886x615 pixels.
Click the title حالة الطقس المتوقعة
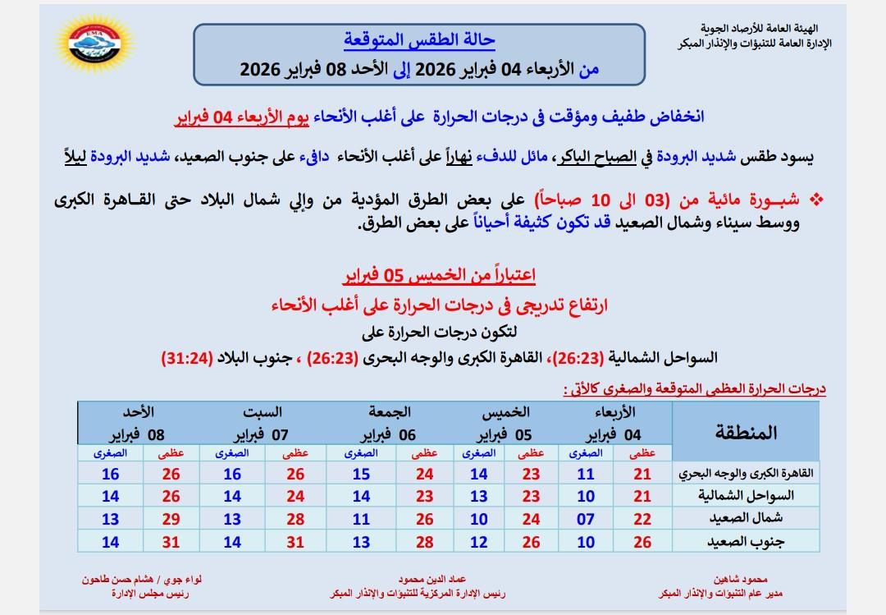coord(419,40)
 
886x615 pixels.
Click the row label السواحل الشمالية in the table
coord(745,496)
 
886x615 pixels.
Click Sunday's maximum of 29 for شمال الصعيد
coord(171,519)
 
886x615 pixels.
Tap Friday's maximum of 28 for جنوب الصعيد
coord(424,541)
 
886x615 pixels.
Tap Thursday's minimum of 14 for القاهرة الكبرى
coord(479,474)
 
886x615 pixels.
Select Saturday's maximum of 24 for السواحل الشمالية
coord(295,496)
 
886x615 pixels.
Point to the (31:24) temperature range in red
coord(190,357)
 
